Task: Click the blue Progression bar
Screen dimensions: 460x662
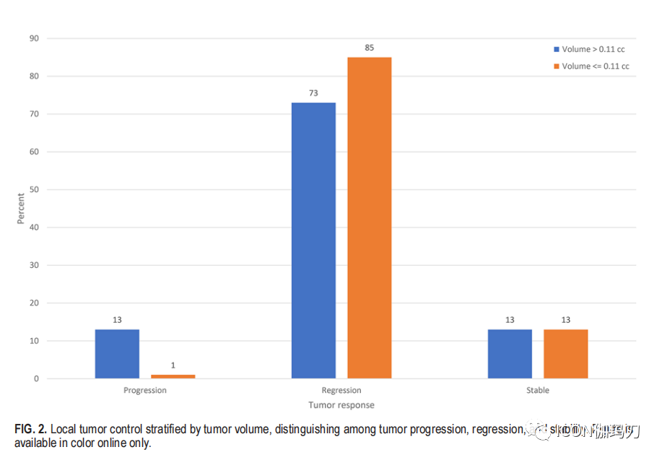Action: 117,354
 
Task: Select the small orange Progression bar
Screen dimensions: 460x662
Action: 173,376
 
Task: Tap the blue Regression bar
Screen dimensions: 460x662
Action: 313,240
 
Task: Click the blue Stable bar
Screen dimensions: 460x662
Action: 510,354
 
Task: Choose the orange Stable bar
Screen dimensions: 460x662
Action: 565,354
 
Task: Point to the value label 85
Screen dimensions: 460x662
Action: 370,48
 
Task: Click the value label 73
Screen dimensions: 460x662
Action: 313,93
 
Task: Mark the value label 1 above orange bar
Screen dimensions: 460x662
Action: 173,365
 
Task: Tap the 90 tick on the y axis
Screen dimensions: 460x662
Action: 34,38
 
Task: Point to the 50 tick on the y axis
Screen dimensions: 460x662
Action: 34,190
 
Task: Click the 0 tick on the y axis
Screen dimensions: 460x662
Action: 36,378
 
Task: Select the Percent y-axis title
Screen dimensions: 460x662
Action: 20,208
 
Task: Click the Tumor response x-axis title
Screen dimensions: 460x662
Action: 341,405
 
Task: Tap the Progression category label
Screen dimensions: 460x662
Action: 145,390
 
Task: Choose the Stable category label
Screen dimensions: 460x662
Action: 538,390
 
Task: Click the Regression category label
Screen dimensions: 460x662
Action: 341,390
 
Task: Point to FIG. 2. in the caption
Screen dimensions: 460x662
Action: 31,429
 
